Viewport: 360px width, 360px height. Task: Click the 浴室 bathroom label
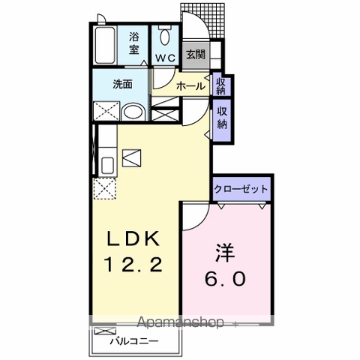(x=134, y=43)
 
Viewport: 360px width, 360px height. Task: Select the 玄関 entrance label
(x=195, y=54)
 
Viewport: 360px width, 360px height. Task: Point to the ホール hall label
(x=191, y=86)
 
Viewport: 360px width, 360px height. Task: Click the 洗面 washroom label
(x=123, y=84)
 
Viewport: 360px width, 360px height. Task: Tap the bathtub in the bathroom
(x=105, y=46)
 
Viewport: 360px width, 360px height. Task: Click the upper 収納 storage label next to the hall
(x=222, y=85)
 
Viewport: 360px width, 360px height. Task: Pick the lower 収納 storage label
(x=222, y=116)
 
